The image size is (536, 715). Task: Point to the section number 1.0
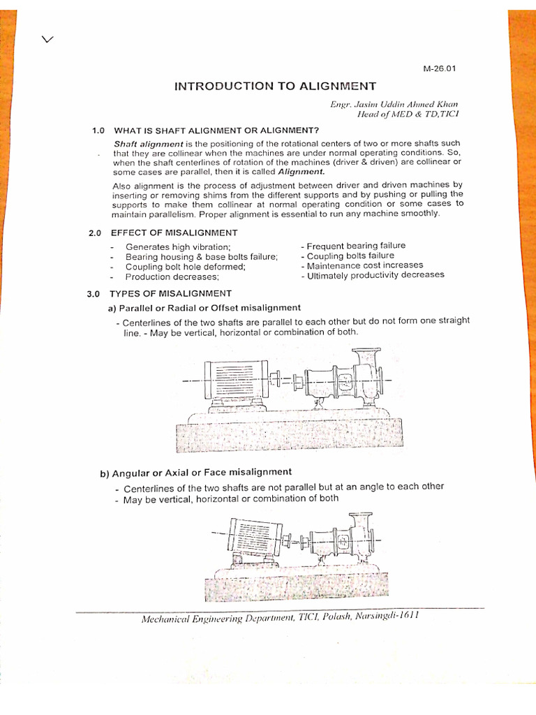pyautogui.click(x=98, y=130)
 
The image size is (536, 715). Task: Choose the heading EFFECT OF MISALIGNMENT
pyautogui.click(x=174, y=233)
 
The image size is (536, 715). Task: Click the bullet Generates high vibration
pyautogui.click(x=178, y=247)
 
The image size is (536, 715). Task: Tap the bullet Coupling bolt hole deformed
pyautogui.click(x=185, y=267)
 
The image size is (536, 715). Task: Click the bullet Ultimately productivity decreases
pyautogui.click(x=372, y=275)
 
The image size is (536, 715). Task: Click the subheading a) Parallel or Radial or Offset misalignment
pyautogui.click(x=204, y=307)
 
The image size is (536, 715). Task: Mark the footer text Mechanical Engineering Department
pyautogui.click(x=205, y=619)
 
